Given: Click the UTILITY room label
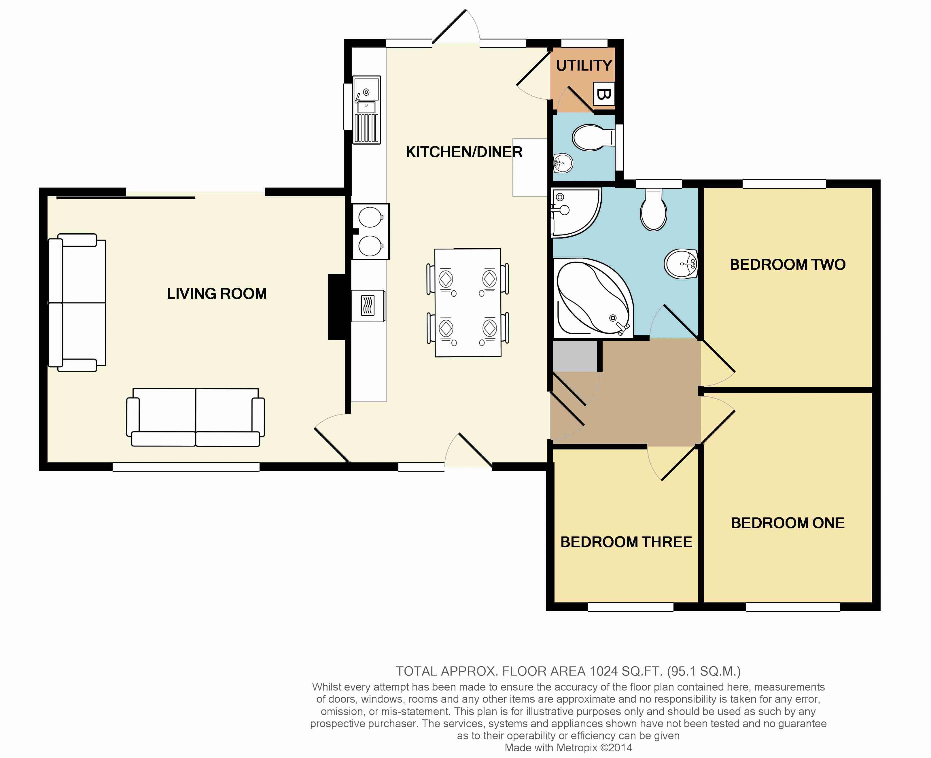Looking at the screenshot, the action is click(584, 65).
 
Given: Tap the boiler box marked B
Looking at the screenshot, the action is click(604, 94).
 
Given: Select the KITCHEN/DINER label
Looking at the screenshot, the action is click(464, 152).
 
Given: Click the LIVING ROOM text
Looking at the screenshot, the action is click(217, 293).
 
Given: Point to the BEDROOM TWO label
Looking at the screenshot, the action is click(788, 264).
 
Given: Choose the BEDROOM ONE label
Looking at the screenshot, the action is click(788, 523).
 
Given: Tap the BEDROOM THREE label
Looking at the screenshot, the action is click(626, 542).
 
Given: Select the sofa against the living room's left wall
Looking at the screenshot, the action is click(77, 303).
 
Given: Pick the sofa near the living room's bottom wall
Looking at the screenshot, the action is click(196, 417).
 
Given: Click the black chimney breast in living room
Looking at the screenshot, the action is click(337, 307).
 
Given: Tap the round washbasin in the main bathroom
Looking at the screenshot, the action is click(681, 264).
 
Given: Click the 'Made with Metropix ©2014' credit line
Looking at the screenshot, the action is click(568, 748).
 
